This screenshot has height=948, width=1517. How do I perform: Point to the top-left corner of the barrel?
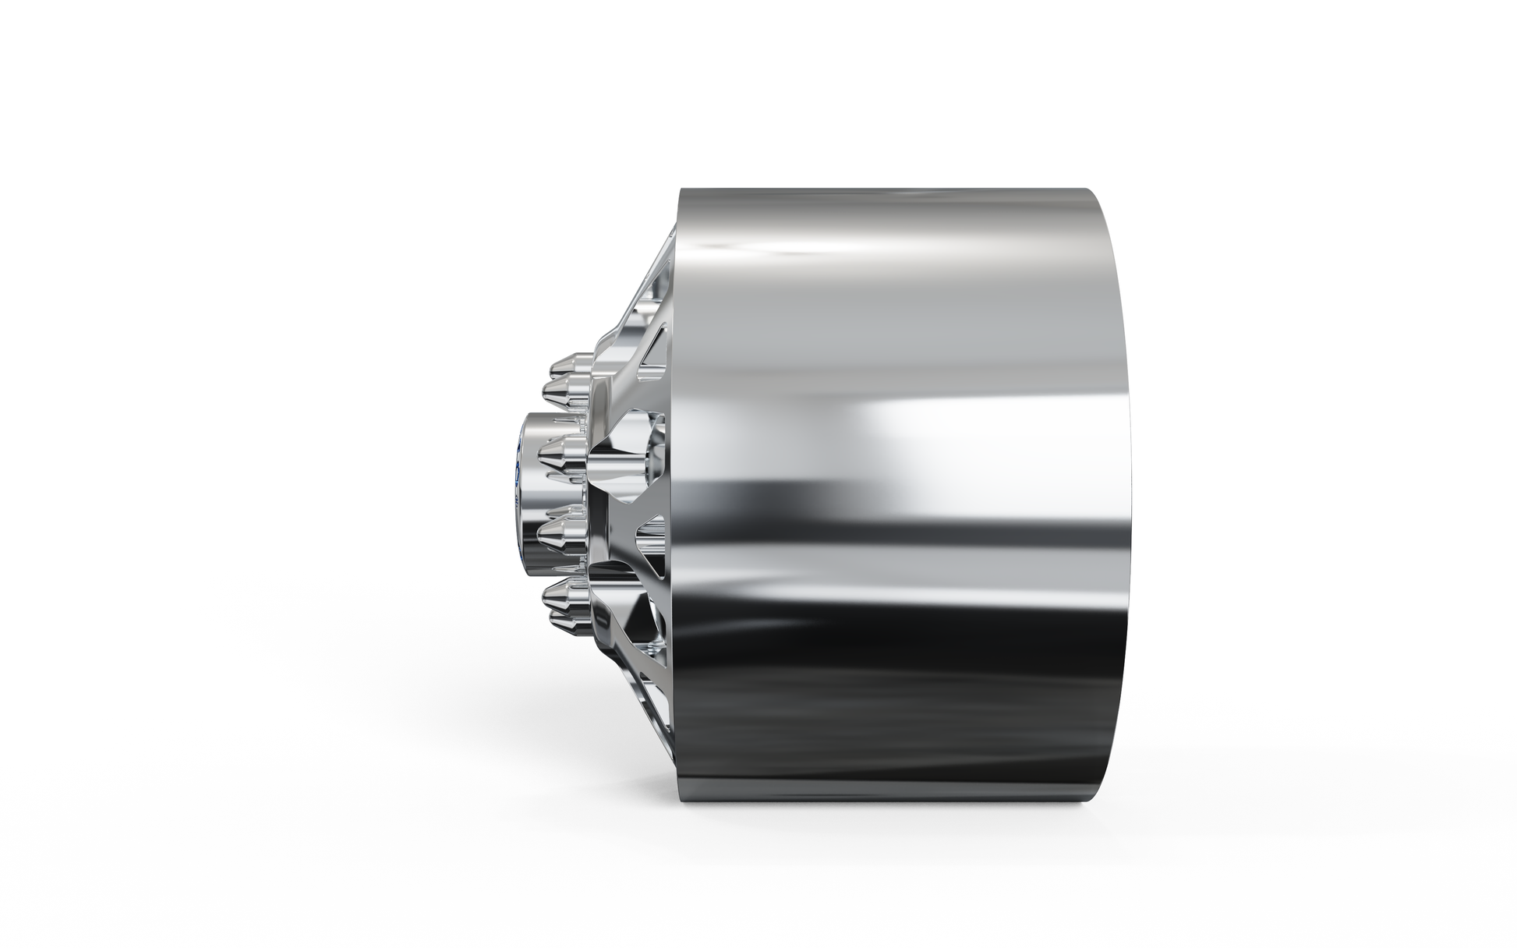(681, 189)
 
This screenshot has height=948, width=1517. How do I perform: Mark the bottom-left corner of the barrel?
(683, 798)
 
